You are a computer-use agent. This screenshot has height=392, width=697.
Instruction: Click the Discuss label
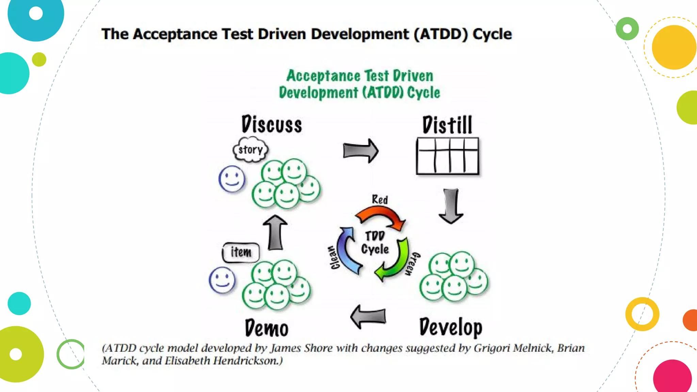click(x=272, y=125)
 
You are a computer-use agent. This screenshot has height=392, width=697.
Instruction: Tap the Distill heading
click(x=447, y=125)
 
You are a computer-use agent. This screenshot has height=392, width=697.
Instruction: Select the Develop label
click(x=451, y=327)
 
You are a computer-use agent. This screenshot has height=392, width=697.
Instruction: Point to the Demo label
click(x=266, y=328)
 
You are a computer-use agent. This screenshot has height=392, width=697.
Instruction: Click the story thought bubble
click(x=250, y=150)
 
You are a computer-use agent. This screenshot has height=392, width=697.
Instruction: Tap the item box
click(x=241, y=252)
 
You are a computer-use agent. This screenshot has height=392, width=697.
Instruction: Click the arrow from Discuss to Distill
click(x=360, y=151)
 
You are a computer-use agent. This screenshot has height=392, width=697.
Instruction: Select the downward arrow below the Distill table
click(x=451, y=206)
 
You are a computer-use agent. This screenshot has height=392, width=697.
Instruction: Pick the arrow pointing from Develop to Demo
click(x=368, y=316)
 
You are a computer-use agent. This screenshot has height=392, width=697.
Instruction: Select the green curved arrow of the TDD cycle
click(x=395, y=260)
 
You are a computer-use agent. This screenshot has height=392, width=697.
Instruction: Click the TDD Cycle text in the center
click(x=375, y=243)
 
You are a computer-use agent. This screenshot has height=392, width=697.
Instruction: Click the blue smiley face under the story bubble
click(x=232, y=179)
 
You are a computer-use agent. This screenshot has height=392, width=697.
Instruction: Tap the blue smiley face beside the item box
click(x=222, y=280)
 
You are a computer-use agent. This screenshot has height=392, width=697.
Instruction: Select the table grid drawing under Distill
click(x=448, y=156)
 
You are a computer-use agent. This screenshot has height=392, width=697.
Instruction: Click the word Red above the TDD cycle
click(x=379, y=199)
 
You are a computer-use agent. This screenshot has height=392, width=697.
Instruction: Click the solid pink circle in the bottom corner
click(x=672, y=378)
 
